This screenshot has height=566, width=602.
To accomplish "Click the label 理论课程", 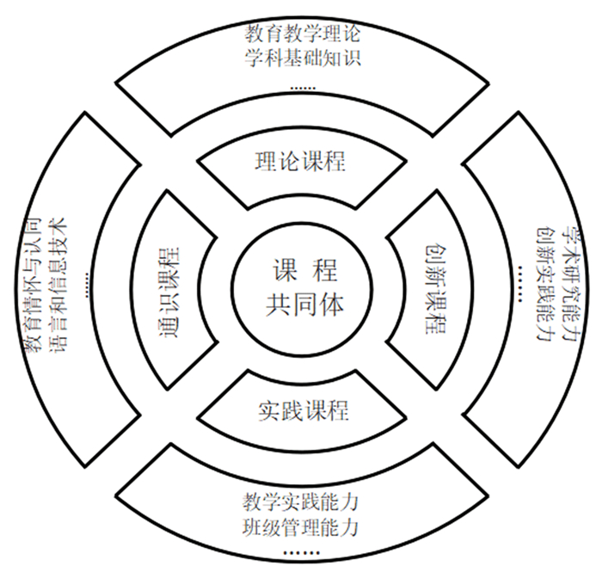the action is (300, 161).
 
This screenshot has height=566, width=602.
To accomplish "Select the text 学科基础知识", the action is (300, 60).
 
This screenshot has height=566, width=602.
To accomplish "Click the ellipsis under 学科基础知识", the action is (301, 87).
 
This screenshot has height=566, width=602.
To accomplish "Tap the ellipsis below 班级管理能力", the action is (301, 551).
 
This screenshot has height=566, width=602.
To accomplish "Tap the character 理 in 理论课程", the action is (266, 161).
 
